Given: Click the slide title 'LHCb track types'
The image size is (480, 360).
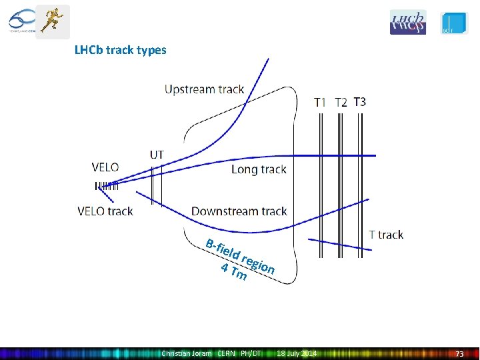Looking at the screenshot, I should click(x=121, y=50).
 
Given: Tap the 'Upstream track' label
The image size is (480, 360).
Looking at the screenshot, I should click(x=205, y=89).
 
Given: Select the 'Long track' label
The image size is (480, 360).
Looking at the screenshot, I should click(x=259, y=169).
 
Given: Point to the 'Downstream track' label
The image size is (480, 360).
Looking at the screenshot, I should click(x=239, y=211).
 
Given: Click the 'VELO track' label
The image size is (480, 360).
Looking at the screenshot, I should click(x=105, y=211).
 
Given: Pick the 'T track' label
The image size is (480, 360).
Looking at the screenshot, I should click(x=386, y=235).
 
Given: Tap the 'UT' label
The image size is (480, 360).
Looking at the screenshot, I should click(x=157, y=155).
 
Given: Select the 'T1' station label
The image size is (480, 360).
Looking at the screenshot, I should click(x=321, y=102).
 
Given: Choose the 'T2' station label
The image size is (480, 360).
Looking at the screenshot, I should click(x=341, y=102).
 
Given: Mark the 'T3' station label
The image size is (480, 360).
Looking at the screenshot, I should click(x=359, y=102).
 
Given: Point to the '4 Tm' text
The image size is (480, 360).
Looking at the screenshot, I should click(x=234, y=272).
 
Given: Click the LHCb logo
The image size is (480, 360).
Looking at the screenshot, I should click(x=407, y=22).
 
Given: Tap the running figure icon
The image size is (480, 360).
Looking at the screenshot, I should click(x=53, y=21).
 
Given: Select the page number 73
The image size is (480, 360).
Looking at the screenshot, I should click(x=459, y=353).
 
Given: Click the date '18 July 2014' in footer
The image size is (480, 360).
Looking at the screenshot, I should click(x=297, y=353).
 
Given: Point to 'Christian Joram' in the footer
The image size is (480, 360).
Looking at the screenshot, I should click(x=187, y=353).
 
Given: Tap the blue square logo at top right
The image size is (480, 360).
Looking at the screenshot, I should click(x=454, y=23).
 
